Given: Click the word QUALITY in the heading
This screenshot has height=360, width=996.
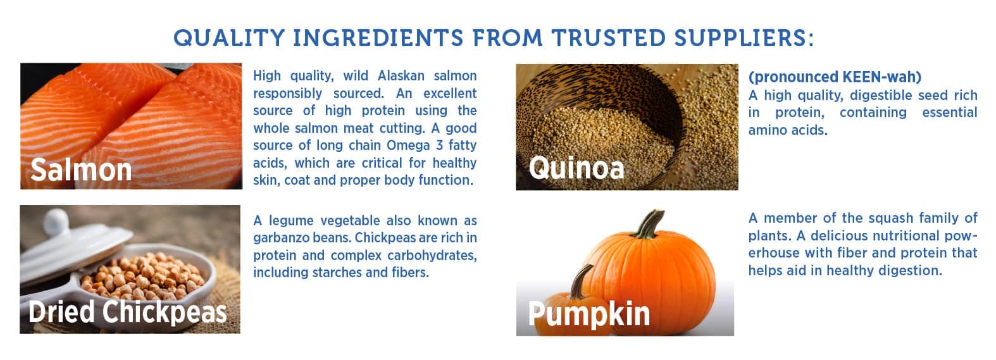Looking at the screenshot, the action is point(229,38).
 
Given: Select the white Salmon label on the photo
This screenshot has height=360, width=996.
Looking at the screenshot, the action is point(82,170).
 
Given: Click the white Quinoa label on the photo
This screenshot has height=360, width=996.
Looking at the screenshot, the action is point(576,168).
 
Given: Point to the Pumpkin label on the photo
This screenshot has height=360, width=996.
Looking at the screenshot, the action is point(589,314).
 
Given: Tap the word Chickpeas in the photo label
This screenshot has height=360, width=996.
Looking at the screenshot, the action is point(165,312).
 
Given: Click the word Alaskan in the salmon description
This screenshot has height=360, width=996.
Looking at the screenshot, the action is point(401,75).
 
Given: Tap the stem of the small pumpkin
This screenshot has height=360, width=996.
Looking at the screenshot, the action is point(582,281).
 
